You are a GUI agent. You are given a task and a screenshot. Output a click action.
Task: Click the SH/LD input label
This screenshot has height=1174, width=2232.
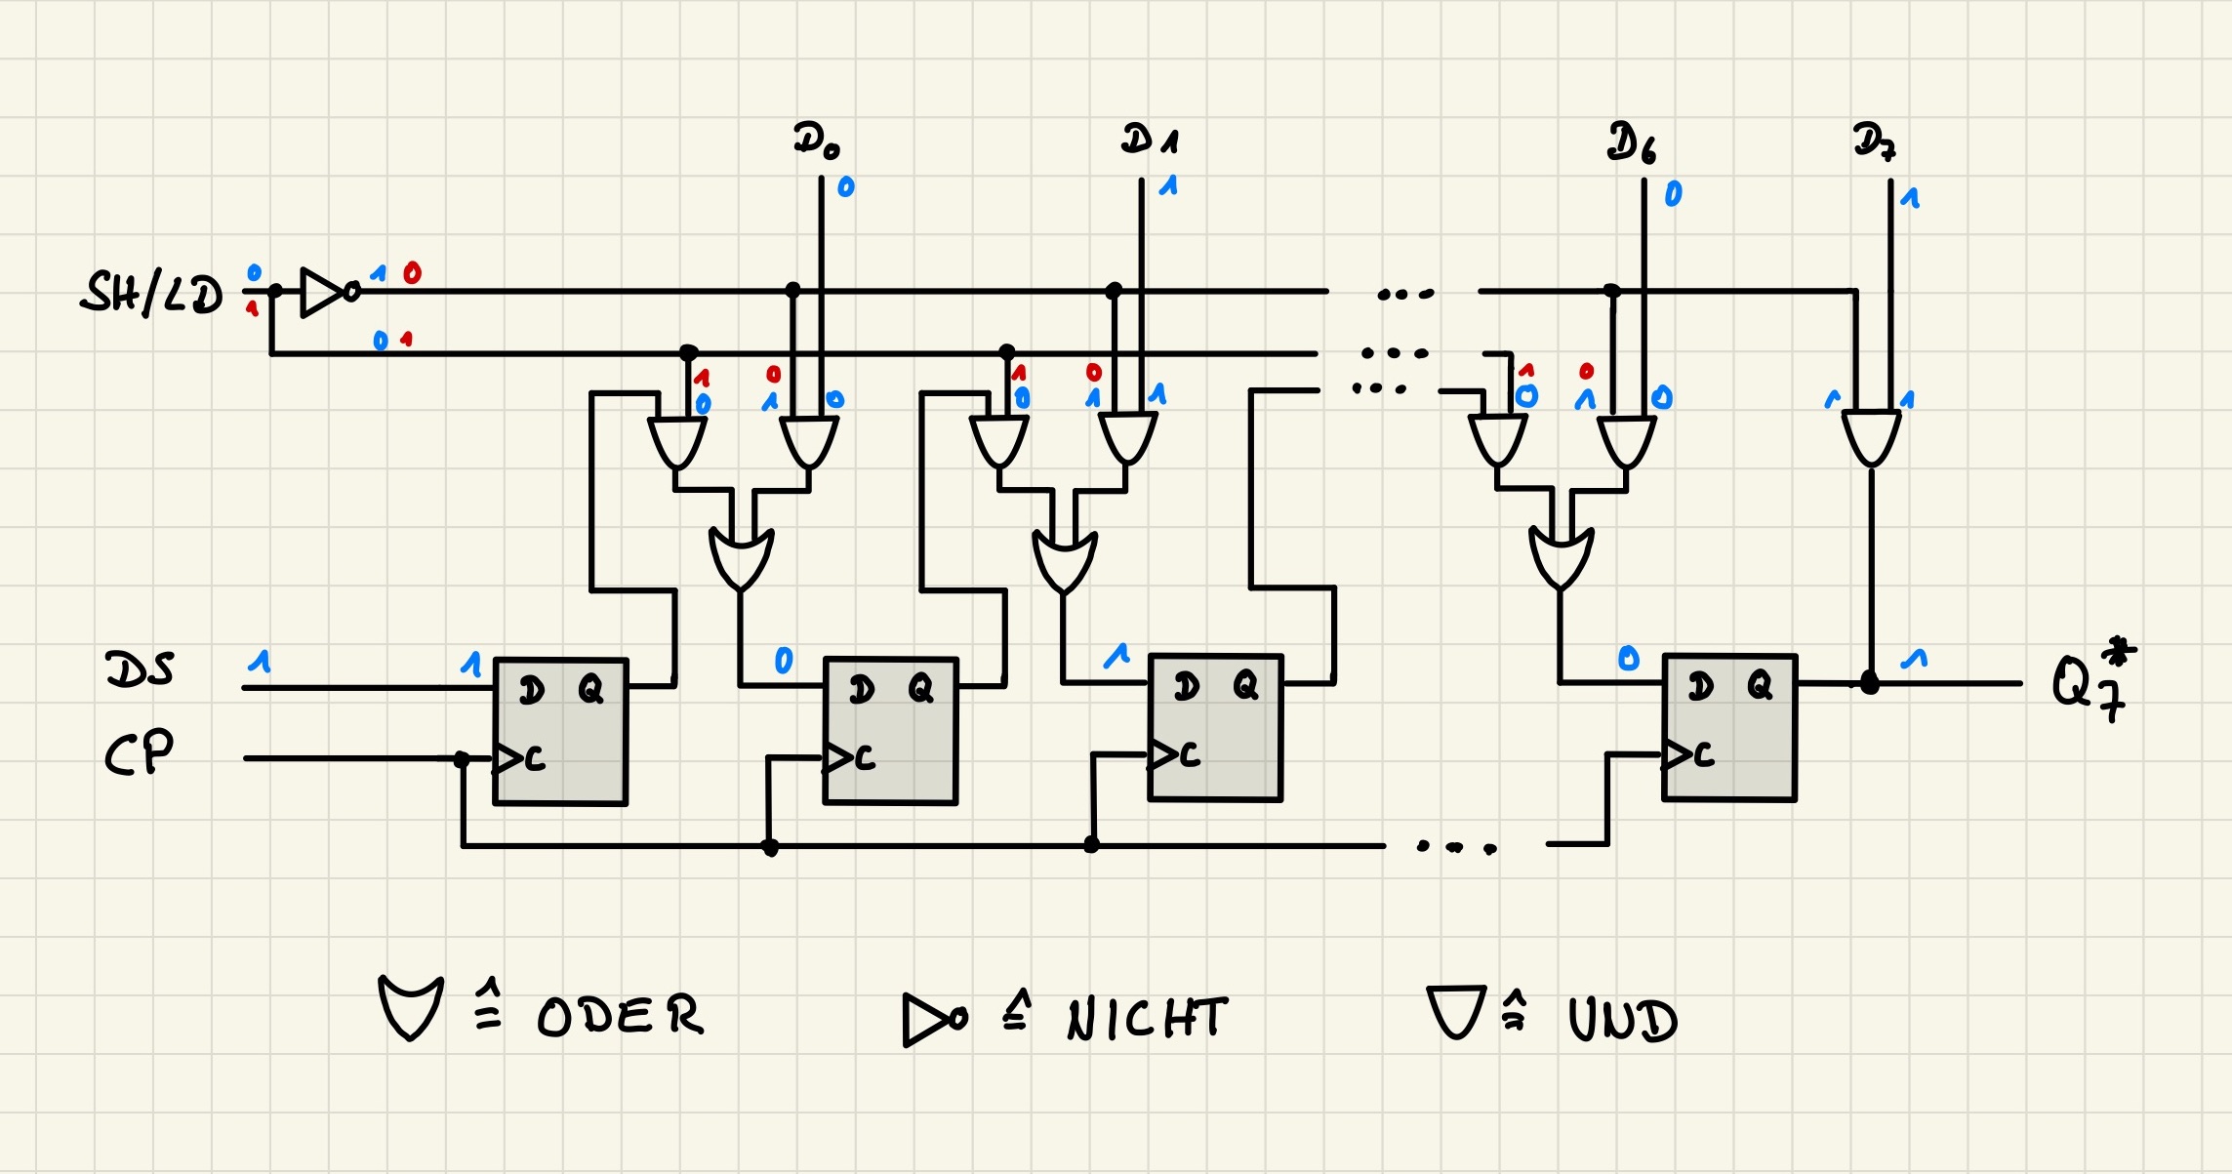click(x=151, y=293)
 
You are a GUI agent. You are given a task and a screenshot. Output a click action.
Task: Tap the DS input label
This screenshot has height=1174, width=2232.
click(x=140, y=669)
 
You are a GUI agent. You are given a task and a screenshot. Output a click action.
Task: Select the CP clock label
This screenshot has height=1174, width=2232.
click(x=139, y=752)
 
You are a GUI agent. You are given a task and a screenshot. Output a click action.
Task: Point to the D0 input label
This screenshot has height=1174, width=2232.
click(x=816, y=141)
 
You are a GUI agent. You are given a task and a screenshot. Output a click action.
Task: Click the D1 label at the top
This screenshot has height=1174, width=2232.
click(x=1150, y=139)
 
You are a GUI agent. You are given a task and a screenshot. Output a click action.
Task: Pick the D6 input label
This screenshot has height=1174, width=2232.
click(x=1632, y=142)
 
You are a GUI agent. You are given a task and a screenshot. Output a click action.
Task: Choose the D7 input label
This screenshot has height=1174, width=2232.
click(x=1874, y=142)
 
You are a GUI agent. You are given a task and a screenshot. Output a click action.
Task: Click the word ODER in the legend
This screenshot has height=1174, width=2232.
click(x=620, y=1016)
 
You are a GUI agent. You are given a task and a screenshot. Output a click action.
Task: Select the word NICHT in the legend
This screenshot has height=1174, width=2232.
click(x=1147, y=1019)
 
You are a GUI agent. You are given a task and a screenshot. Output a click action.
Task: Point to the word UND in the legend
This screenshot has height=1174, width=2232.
click(x=1622, y=1020)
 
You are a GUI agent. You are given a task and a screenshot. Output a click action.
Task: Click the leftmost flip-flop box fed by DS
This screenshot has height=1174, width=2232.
click(x=560, y=731)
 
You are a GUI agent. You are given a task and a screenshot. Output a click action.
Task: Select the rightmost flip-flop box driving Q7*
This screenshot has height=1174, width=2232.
click(x=1728, y=728)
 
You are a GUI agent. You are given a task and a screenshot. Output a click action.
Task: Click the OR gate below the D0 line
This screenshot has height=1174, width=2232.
click(x=742, y=559)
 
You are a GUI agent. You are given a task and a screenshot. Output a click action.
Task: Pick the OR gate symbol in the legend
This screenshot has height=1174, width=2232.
click(x=411, y=1008)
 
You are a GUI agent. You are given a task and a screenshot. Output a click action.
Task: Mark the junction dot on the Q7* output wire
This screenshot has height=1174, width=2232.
click(x=1870, y=683)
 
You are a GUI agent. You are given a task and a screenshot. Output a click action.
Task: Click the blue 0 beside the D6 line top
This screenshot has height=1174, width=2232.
click(x=1673, y=194)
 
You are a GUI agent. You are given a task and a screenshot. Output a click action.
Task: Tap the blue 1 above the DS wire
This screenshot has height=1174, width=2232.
click(x=260, y=662)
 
